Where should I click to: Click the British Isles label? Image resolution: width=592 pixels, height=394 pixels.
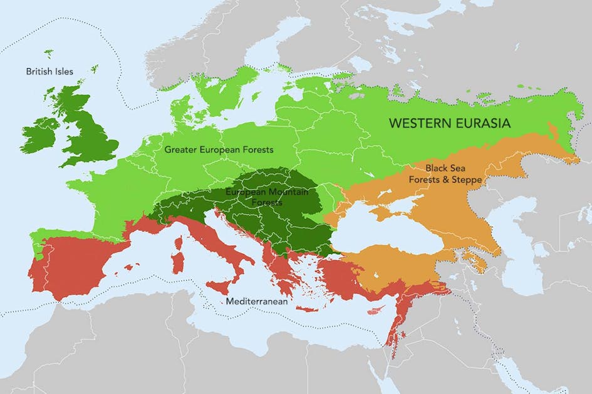click(x=49, y=71)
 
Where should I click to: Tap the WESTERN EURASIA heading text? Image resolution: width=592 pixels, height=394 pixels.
click(x=449, y=124)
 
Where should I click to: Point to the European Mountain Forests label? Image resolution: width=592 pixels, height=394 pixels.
click(x=267, y=197)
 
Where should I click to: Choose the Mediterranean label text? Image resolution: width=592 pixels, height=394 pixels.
click(x=257, y=301)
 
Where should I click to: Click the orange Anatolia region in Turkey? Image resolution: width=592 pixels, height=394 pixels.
click(x=401, y=263)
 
